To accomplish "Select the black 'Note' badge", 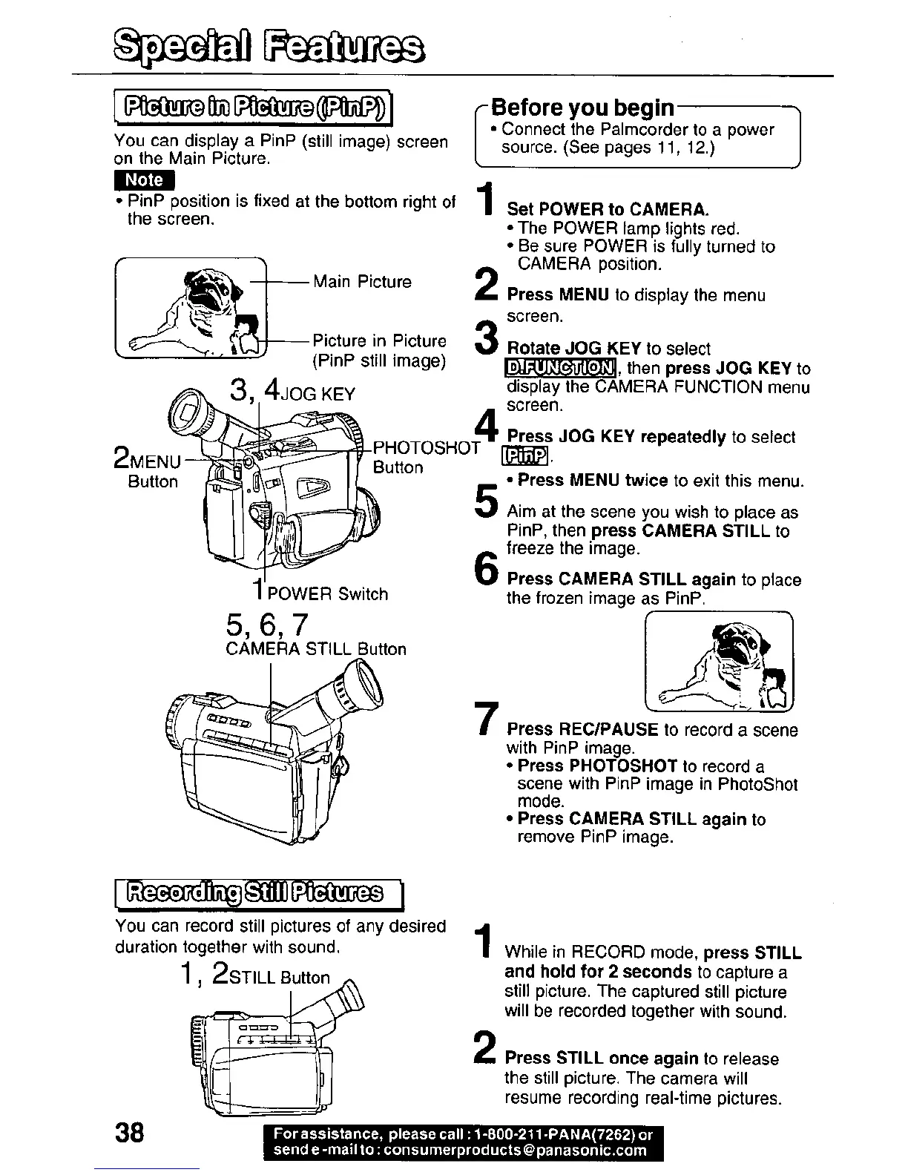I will click(145, 180).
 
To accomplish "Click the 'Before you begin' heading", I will click(582, 108).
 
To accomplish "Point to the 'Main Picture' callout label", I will click(362, 282).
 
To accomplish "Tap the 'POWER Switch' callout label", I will click(327, 594).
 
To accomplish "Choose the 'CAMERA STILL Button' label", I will click(316, 649).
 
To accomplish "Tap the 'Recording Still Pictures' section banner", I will click(256, 892).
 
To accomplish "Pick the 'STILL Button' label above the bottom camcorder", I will click(280, 977).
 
